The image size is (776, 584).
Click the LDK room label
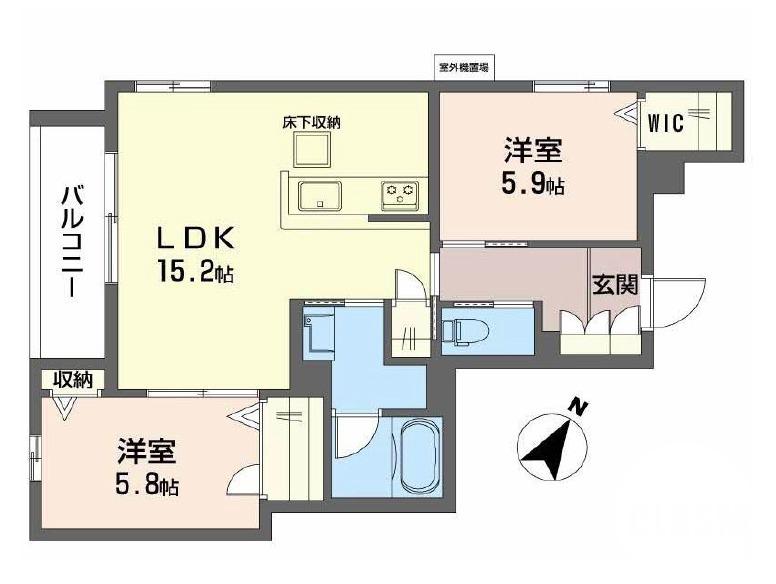coord(195,238)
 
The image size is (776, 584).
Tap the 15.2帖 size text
coord(195,271)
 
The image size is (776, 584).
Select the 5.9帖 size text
coord(532,186)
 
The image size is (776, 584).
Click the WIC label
coord(665,124)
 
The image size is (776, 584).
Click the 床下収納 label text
coord(311,123)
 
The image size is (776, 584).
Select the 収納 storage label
coord(73,379)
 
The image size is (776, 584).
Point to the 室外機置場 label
coord(463,68)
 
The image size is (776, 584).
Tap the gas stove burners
coord(402,193)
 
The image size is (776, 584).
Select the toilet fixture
coord(464,328)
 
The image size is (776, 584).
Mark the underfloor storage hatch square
coord(311,150)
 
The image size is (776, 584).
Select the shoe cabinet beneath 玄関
coord(599,330)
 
